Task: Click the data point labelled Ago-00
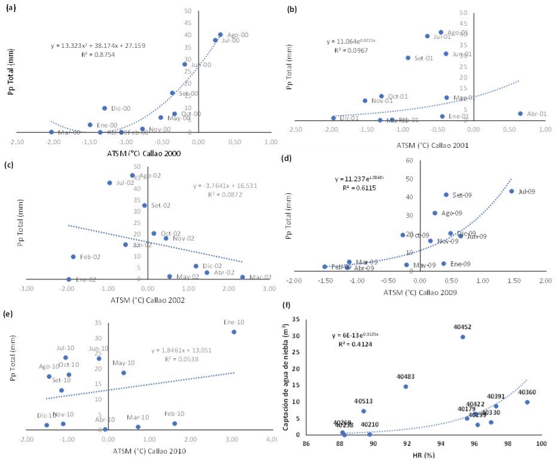(220, 35)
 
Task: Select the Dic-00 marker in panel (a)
(105, 108)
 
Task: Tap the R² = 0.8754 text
(97, 54)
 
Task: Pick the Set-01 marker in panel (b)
(408, 58)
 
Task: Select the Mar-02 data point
(242, 277)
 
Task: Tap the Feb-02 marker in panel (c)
(74, 257)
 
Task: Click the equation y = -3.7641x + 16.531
(228, 185)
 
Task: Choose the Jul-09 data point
(511, 191)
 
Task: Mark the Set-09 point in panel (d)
(446, 194)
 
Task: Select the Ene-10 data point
(234, 332)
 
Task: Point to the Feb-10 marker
(175, 424)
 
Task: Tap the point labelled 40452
(462, 337)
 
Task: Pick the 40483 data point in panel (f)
(405, 386)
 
